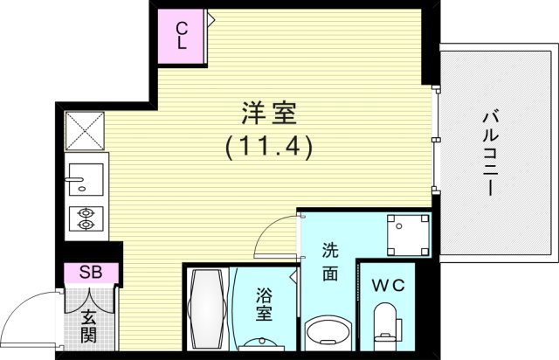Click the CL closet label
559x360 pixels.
[182, 34]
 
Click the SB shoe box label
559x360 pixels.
[91, 273]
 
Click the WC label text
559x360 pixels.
[385, 284]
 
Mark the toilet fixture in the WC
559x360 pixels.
[384, 323]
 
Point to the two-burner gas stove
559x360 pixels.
[85, 218]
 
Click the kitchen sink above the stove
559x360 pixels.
[85, 180]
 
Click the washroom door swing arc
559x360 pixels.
[278, 234]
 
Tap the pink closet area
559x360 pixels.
[182, 36]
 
